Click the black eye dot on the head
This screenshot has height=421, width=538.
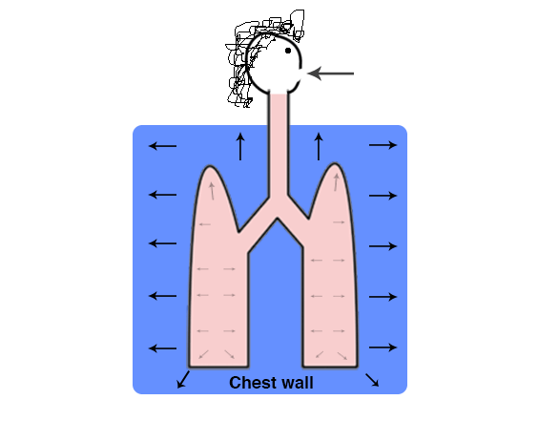point(288,51)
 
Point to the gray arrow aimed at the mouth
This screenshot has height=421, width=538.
point(330,74)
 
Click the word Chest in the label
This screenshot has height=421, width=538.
point(253,383)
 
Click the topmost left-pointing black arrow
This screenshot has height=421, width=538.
point(162,146)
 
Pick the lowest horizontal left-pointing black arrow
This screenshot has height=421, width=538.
point(162,348)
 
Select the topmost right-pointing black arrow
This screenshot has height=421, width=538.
point(383,145)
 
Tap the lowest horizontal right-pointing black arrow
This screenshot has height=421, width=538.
point(383,347)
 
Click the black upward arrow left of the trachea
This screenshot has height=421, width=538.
point(240,146)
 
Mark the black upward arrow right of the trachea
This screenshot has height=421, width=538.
point(319,146)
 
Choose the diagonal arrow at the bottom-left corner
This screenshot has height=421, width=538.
point(183,379)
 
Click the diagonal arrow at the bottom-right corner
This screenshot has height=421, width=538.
point(372,380)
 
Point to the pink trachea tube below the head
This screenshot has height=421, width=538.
point(279,144)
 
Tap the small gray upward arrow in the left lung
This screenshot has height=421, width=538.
point(212,191)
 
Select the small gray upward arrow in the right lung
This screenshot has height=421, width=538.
point(336,182)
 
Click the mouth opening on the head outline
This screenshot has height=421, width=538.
point(300,74)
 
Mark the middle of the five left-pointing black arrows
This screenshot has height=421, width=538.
point(162,243)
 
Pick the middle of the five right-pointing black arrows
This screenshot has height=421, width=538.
point(383,246)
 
